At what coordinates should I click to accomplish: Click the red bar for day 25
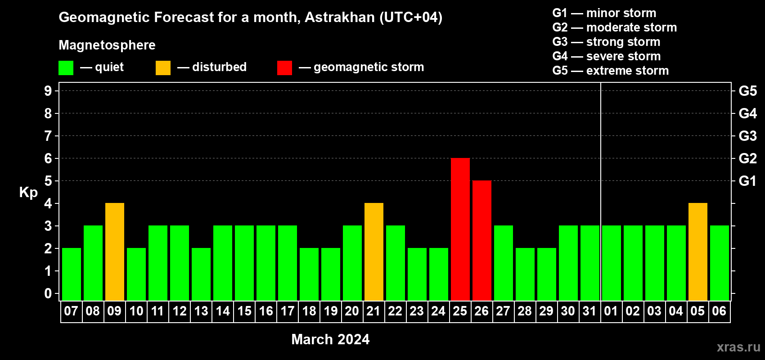[x=460, y=229]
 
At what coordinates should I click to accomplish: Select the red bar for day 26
[x=482, y=240]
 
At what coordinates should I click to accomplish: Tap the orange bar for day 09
[x=115, y=252]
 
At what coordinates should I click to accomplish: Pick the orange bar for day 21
[x=374, y=252]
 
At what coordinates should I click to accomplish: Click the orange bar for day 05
[x=697, y=252]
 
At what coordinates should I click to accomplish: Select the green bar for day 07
[x=72, y=274]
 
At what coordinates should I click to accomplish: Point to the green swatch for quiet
[x=66, y=67]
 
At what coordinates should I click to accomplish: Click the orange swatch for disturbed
[x=163, y=67]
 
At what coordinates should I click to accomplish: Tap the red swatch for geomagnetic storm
[x=285, y=67]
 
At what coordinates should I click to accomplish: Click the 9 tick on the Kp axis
[x=48, y=91]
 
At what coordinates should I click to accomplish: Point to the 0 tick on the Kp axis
[x=48, y=293]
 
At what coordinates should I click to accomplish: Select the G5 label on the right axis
[x=747, y=91]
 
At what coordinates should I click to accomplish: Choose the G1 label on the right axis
[x=747, y=181]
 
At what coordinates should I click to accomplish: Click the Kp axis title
[x=28, y=193]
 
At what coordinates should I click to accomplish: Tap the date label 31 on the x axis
[x=589, y=311]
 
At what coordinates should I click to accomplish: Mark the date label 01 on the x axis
[x=611, y=311]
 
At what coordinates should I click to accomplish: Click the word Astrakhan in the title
[x=339, y=17]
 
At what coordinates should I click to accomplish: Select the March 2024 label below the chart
[x=330, y=339]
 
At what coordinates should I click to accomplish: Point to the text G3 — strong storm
[x=606, y=42]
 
